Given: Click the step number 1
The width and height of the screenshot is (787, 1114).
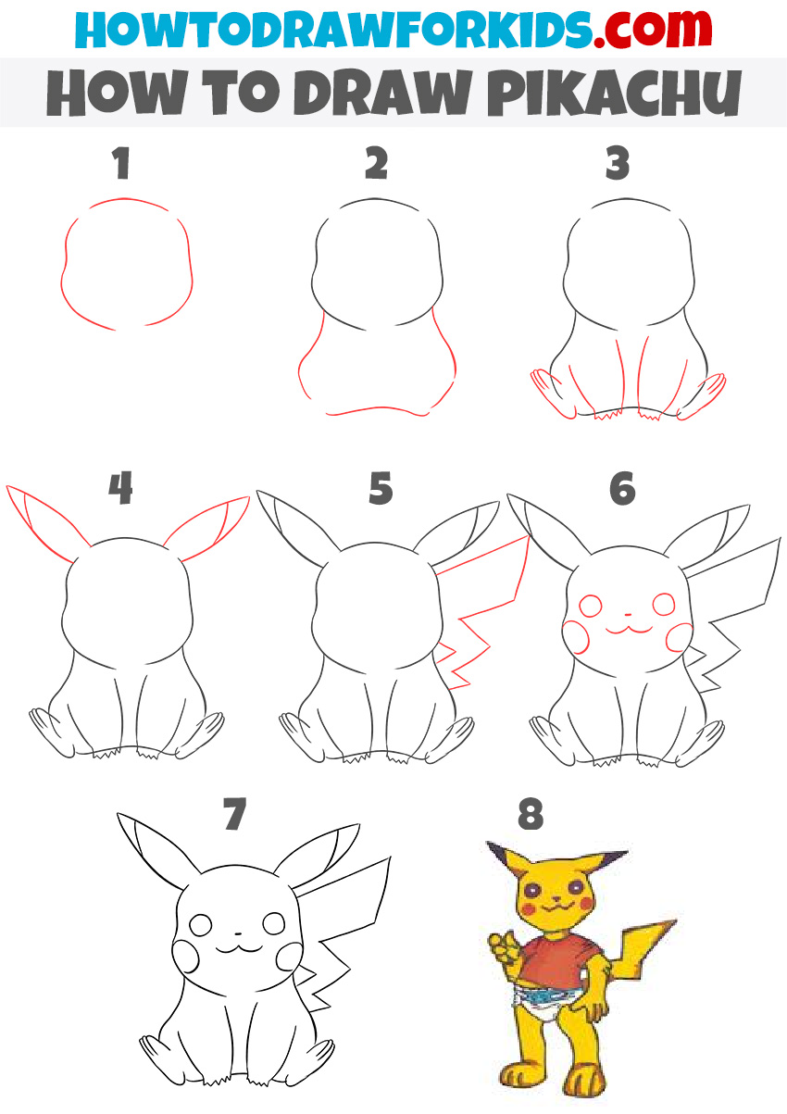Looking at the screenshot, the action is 121,163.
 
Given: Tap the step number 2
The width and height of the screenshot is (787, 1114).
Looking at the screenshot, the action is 376,163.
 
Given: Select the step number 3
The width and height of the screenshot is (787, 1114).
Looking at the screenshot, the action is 618,163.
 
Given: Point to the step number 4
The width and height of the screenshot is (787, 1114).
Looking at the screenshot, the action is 120,488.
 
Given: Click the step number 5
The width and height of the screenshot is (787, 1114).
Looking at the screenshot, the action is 381,488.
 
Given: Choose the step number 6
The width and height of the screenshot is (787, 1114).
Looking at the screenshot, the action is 622,488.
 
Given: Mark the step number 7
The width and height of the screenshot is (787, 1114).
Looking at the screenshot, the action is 235,814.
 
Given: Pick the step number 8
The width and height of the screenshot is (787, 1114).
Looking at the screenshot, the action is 531,814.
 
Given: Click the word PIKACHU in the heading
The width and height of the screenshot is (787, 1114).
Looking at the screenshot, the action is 615,93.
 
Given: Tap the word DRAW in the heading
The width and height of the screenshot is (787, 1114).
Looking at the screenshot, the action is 382,93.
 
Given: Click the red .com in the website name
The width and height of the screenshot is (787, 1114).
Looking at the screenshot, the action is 653,30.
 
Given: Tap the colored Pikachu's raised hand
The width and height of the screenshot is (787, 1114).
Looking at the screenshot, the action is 504,947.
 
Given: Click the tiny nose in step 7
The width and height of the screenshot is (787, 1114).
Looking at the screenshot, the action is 237,934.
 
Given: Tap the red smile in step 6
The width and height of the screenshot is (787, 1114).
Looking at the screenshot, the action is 629,630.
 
